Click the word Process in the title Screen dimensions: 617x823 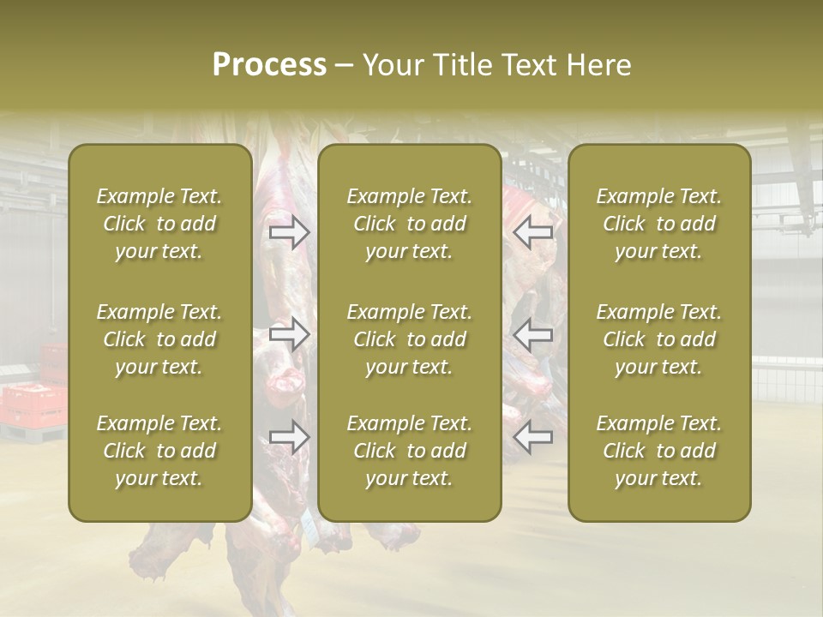269,65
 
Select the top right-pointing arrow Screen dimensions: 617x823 290,231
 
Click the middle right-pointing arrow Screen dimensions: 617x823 290,333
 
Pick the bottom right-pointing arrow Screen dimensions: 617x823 290,437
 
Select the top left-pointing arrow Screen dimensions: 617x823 533,231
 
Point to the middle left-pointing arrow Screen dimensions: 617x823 533,333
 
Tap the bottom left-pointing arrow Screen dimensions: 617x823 533,437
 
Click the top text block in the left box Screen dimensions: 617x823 159,224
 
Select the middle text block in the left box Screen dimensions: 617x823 159,339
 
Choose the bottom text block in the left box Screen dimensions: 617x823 159,451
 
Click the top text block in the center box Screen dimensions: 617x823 409,224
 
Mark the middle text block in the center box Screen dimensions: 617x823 409,339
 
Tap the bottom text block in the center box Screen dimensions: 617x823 409,451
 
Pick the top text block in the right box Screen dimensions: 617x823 658,224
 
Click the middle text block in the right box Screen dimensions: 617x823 658,339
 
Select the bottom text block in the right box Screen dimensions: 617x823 658,451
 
